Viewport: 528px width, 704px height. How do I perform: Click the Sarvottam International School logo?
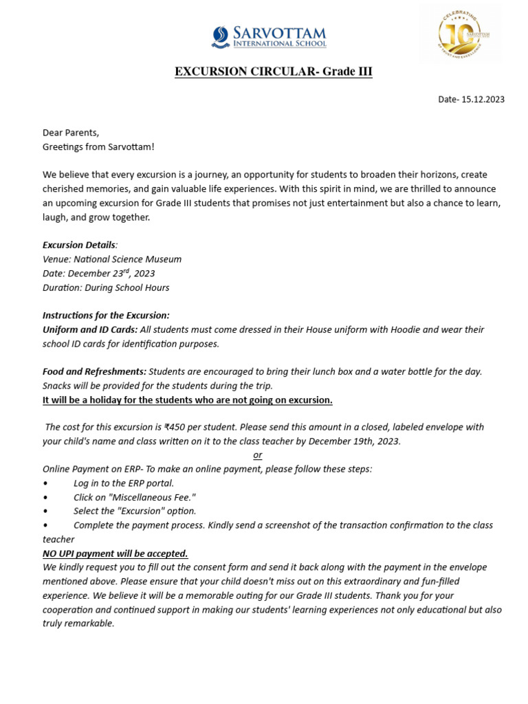click(x=269, y=36)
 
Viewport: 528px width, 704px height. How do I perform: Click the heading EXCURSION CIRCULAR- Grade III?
click(x=273, y=72)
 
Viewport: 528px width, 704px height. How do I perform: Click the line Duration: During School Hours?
click(x=105, y=287)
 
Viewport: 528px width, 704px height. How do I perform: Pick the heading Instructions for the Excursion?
click(x=106, y=316)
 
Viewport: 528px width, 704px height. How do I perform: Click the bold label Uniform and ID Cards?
click(x=89, y=329)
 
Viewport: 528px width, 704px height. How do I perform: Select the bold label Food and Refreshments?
click(x=94, y=371)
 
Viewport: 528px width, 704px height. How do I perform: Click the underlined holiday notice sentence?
click(x=188, y=399)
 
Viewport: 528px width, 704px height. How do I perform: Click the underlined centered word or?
click(x=257, y=455)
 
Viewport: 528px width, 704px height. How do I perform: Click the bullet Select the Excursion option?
click(x=135, y=511)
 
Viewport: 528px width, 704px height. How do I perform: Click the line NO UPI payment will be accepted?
click(x=115, y=553)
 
